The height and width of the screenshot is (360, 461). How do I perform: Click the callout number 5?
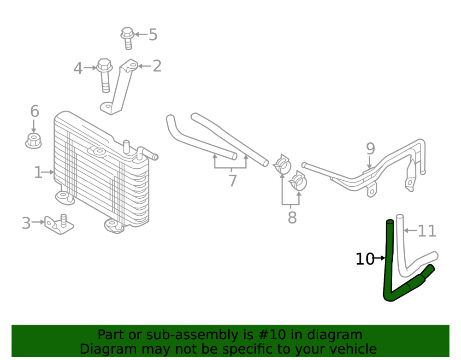pyautogui.click(x=153, y=35)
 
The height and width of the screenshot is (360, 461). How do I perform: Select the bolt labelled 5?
pyautogui.click(x=127, y=38)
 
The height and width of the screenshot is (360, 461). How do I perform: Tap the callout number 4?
pyautogui.click(x=77, y=69)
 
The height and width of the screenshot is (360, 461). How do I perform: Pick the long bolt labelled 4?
pyautogui.click(x=105, y=75)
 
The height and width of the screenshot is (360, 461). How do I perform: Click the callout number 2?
pyautogui.click(x=157, y=66)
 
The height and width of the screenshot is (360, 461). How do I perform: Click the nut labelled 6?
pyautogui.click(x=34, y=141)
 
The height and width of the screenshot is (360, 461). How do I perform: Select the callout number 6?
pyautogui.click(x=35, y=112)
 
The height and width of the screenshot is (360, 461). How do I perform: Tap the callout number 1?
pyautogui.click(x=38, y=172)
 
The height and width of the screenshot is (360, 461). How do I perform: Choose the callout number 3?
pyautogui.click(x=26, y=223)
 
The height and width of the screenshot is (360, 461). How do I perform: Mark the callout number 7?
pyautogui.click(x=232, y=180)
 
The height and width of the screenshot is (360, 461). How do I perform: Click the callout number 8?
pyautogui.click(x=292, y=218)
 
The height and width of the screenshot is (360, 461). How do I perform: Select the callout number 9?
pyautogui.click(x=371, y=149)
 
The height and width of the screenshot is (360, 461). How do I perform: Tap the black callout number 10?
pyautogui.click(x=365, y=259)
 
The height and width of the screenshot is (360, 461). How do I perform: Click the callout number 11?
pyautogui.click(x=427, y=231)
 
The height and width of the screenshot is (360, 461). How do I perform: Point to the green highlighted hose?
pyautogui.click(x=388, y=265)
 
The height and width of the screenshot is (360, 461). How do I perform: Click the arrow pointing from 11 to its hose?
pyautogui.click(x=410, y=230)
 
